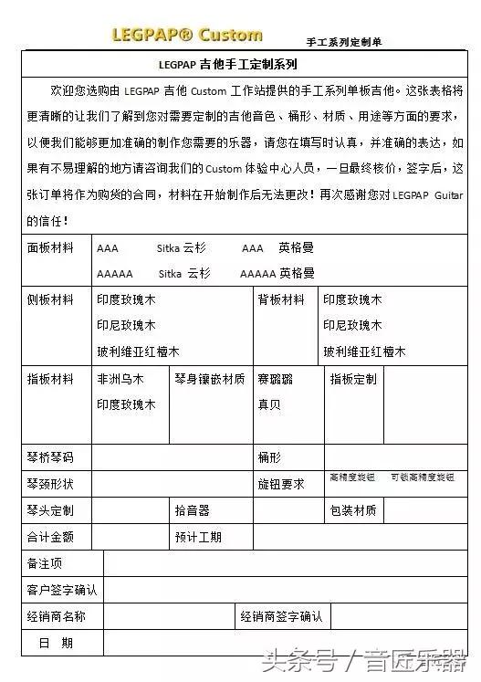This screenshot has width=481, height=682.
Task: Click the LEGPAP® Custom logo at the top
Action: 186,36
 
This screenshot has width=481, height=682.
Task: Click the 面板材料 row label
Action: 51,247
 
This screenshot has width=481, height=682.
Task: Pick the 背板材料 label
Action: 281,299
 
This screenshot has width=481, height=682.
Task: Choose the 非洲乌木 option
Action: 120,379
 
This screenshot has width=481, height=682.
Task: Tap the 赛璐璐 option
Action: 275,379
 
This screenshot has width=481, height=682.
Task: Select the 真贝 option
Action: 268,404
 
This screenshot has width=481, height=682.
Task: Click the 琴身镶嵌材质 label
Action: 209,379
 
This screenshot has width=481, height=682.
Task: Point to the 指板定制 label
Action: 352,379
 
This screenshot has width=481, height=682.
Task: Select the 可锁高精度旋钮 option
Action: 422,477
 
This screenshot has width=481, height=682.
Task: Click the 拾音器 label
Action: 192,510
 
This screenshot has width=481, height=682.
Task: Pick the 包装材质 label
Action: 352,510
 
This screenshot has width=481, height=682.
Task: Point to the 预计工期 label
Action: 198,537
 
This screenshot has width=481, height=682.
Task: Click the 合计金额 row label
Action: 51,537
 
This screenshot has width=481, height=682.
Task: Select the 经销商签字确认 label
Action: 281,616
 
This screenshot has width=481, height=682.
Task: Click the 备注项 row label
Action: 45,563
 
